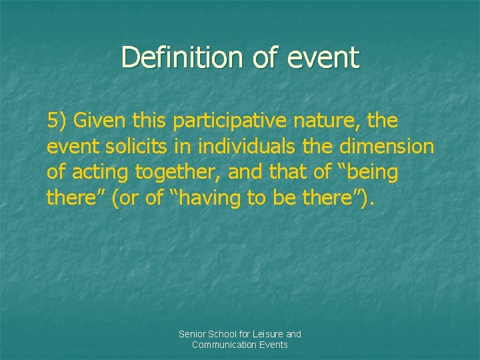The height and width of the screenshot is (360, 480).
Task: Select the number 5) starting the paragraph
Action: pos(57,121)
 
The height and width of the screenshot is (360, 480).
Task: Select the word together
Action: pos(178,172)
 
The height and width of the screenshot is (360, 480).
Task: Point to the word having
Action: pos(201,197)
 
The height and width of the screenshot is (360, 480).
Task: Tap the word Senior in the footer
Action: pos(192,334)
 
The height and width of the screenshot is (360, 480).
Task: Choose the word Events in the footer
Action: pos(274,345)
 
